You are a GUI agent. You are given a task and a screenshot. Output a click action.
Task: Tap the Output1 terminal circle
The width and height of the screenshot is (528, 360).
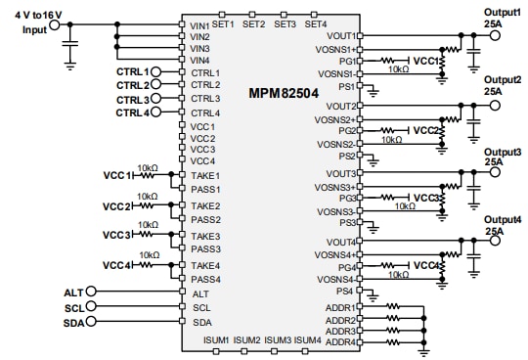click(x=494, y=35)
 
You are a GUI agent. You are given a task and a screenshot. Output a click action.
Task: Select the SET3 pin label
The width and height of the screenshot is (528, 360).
click(x=286, y=23)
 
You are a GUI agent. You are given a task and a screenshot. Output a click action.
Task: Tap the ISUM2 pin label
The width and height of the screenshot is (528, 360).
click(x=246, y=339)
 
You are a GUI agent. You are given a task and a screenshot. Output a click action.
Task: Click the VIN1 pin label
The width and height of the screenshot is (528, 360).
click(x=199, y=24)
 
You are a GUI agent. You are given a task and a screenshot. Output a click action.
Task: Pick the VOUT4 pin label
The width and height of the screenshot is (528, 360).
click(x=341, y=242)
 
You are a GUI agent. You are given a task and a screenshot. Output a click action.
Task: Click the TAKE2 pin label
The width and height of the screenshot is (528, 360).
click(x=205, y=206)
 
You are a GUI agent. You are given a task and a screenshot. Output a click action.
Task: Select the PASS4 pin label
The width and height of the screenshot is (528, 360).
click(x=205, y=279)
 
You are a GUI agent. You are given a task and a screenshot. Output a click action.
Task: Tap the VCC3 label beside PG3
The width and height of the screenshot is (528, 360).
click(x=425, y=198)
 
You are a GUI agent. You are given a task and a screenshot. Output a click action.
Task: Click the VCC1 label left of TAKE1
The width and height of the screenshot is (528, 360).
click(x=116, y=176)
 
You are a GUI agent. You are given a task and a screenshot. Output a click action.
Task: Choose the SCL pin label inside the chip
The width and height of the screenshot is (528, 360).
click(x=201, y=307)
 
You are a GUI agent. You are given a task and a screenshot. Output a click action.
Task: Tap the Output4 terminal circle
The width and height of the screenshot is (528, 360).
click(x=494, y=242)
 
